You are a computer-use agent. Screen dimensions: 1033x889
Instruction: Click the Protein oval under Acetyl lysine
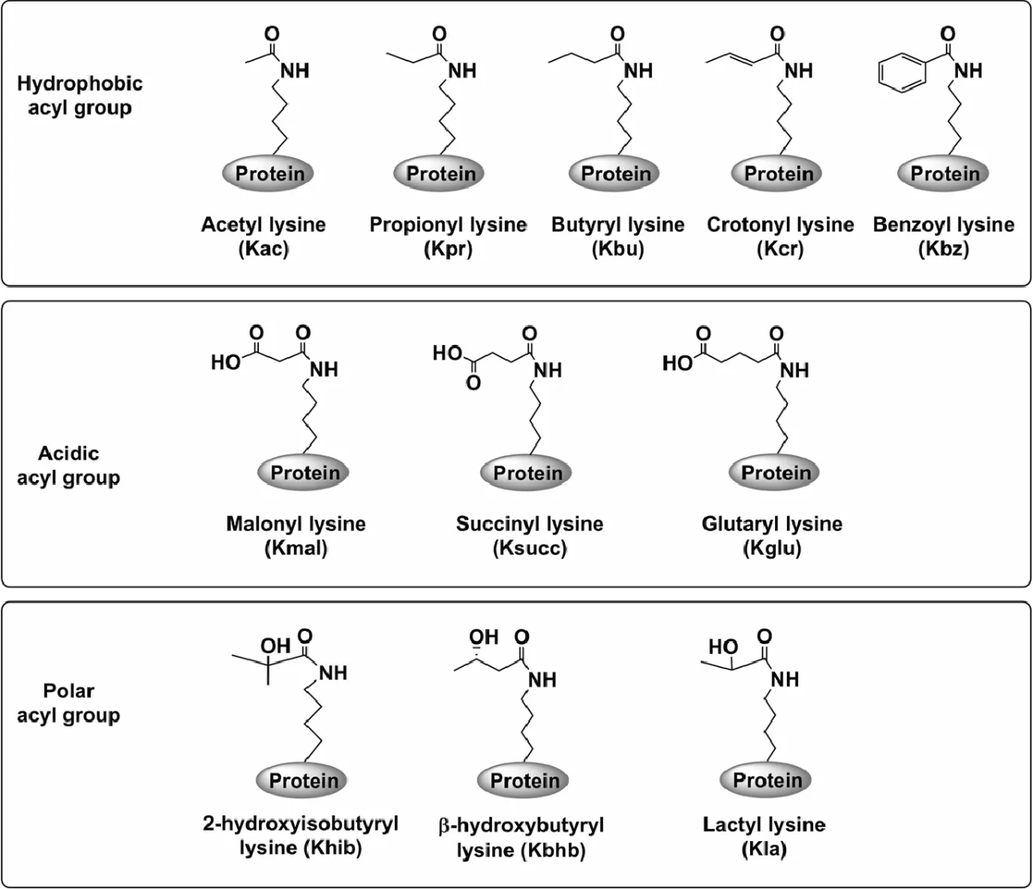pyautogui.click(x=269, y=173)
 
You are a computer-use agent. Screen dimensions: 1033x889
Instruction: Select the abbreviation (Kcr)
pyautogui.click(x=779, y=248)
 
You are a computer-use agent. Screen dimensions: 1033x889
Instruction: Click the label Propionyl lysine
pyautogui.click(x=447, y=225)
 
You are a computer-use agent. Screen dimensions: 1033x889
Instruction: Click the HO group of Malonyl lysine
pyautogui.click(x=225, y=363)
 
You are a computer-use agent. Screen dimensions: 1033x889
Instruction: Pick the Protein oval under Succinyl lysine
pyautogui.click(x=526, y=473)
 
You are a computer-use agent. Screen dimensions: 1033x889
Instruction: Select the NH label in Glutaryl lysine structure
pyautogui.click(x=794, y=370)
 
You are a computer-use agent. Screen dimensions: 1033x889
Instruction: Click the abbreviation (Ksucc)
pyautogui.click(x=530, y=548)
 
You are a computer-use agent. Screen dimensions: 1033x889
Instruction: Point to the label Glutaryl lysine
pyautogui.click(x=772, y=524)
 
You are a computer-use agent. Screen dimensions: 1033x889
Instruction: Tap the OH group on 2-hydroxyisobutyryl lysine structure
pyautogui.click(x=276, y=645)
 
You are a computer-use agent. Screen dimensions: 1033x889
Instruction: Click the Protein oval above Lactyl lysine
pyautogui.click(x=766, y=780)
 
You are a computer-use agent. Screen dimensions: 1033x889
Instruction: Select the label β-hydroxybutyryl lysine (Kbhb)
pyautogui.click(x=521, y=837)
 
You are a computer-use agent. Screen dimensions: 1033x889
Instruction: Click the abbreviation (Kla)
pyautogui.click(x=765, y=849)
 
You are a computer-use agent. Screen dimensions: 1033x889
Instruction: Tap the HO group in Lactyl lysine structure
pyautogui.click(x=722, y=647)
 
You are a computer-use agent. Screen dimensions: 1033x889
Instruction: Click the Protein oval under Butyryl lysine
pyautogui.click(x=615, y=173)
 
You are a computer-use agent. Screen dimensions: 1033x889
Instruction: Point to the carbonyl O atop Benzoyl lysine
pyautogui.click(x=948, y=34)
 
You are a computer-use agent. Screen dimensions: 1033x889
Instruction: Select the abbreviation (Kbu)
pyautogui.click(x=618, y=248)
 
